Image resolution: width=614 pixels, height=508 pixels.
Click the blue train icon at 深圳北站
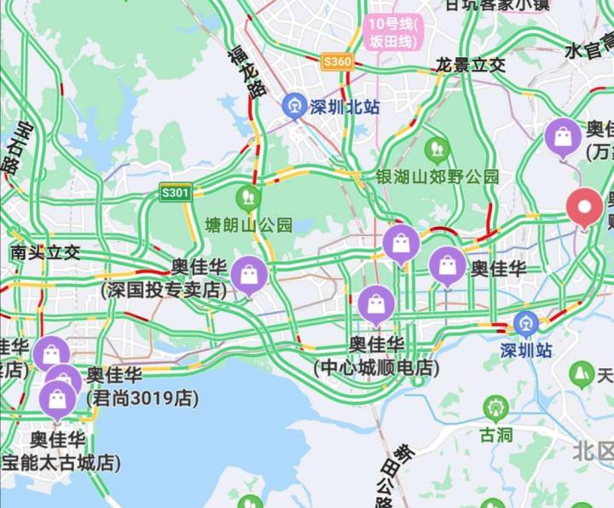(294, 106)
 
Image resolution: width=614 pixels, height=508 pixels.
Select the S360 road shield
(337, 61)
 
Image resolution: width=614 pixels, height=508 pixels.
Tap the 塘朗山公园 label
(249, 225)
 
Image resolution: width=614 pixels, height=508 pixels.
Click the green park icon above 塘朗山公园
(249, 198)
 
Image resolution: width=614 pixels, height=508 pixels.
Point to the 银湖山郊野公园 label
(437, 176)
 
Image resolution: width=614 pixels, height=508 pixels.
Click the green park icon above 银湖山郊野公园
(437, 150)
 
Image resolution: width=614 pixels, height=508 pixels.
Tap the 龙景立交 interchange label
(470, 65)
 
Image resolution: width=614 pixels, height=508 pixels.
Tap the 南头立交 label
(45, 252)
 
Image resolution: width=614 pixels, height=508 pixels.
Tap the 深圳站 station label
(526, 350)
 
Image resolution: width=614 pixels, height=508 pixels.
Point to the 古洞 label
(495, 435)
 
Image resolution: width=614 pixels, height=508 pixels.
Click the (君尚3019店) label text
(141, 398)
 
